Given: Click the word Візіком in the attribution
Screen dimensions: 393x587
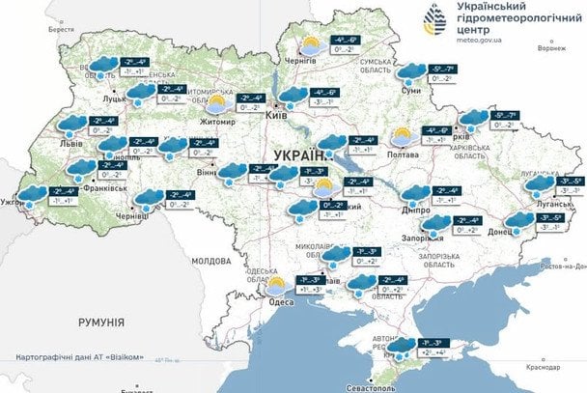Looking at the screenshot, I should (126, 358).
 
